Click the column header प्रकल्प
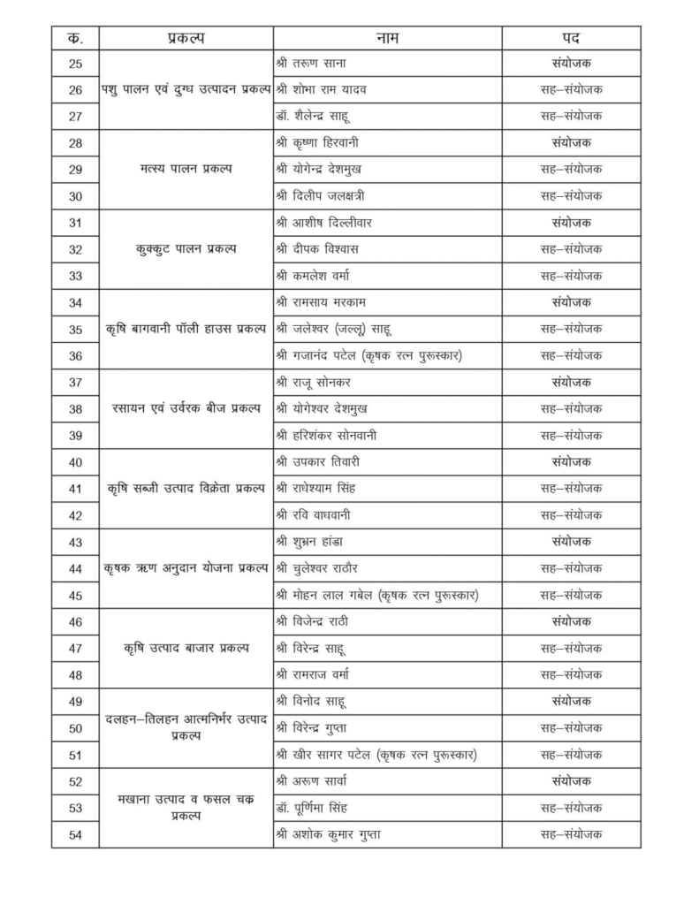(x=186, y=38)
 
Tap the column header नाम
(x=387, y=38)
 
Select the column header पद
(x=572, y=38)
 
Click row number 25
(x=75, y=64)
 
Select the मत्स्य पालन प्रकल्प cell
(x=186, y=169)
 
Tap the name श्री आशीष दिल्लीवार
(x=326, y=223)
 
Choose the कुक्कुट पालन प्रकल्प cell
(x=186, y=249)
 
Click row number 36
(x=75, y=355)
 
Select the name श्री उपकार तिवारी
(x=321, y=462)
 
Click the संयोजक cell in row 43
(x=572, y=542)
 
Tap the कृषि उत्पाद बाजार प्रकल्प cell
(x=186, y=649)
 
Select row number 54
(x=75, y=834)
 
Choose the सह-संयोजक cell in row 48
(x=572, y=675)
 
